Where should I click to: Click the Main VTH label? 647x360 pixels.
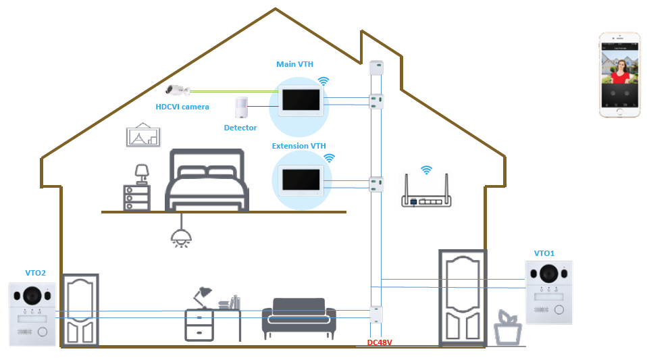[294, 65]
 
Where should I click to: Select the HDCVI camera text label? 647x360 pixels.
[182, 107]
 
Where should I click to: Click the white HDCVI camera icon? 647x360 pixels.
[178, 89]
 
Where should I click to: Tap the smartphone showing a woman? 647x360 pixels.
[619, 74]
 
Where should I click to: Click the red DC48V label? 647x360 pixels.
[379, 343]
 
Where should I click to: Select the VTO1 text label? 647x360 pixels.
[544, 253]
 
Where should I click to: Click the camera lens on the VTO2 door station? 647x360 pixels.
[30, 295]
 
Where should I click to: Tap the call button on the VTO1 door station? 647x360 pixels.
[559, 310]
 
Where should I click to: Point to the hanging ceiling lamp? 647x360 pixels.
[180, 234]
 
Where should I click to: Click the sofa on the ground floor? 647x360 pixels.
[299, 319]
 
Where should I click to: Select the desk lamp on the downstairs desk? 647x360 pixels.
[202, 296]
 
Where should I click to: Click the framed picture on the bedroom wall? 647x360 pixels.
[143, 135]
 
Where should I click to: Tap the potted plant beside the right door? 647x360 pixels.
[507, 328]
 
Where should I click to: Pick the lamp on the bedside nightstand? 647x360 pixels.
[142, 173]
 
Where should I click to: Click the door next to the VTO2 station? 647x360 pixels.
[80, 310]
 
